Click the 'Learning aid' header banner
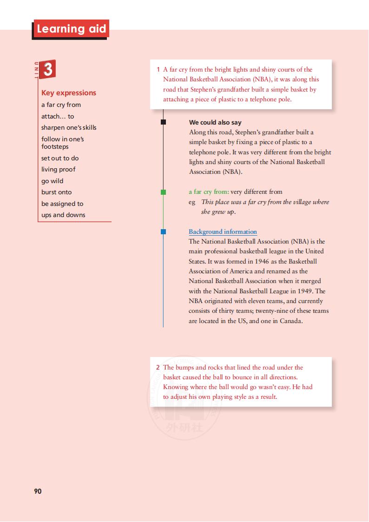pos(71,29)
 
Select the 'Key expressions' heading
pos(69,93)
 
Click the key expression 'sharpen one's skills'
pos(69,127)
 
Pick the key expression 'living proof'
pos(58,169)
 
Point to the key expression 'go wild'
pos(52,181)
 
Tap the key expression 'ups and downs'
pos(63,215)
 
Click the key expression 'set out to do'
pos(60,158)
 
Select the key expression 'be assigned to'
pos(62,204)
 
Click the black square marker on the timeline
pos(163,122)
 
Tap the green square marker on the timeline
pos(163,192)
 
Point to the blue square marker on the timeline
pos(163,231)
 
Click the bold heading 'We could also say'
pos(215,123)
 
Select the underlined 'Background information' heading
pos(223,231)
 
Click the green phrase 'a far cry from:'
pos(209,192)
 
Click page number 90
pos(38,491)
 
